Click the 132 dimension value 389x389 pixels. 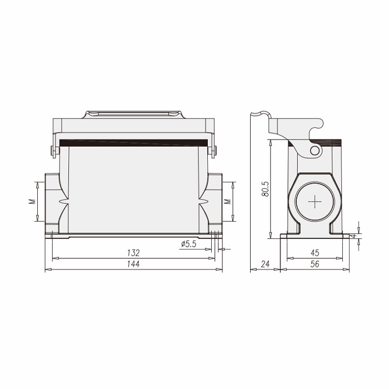(x=133, y=253)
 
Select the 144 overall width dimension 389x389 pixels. (x=133, y=264)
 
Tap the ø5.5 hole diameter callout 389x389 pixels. (x=189, y=244)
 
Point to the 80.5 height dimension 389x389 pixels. (x=266, y=189)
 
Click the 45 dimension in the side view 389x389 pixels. (x=315, y=253)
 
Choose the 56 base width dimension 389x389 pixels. (x=315, y=264)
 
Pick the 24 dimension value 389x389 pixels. (x=265, y=264)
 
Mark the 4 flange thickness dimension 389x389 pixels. (x=355, y=236)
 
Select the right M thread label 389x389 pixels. (x=227, y=201)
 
